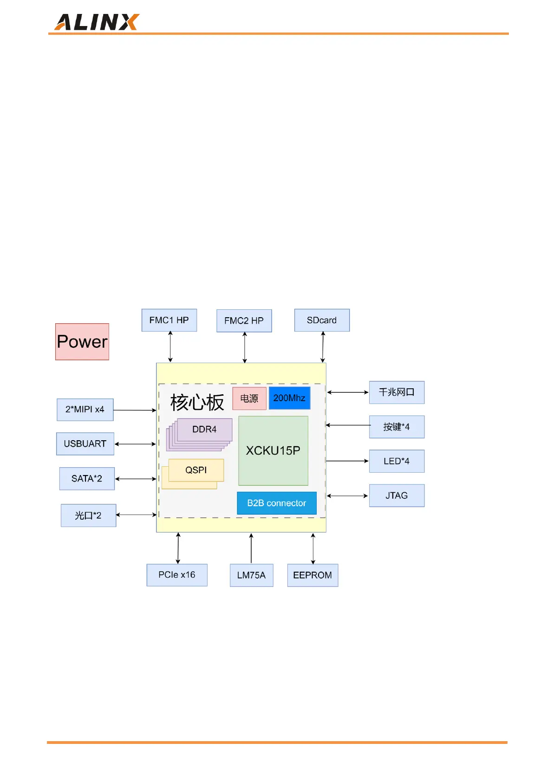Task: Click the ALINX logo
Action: pos(97,22)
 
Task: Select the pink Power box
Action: pos(82,342)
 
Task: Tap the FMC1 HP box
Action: pos(169,320)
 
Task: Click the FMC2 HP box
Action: pos(244,321)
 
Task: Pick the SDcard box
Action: pos(322,320)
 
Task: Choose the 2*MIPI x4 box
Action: pos(85,410)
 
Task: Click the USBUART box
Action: pos(85,444)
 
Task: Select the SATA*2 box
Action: pos(87,479)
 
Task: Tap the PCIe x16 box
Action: pos(177,575)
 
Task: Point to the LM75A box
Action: pos(251,575)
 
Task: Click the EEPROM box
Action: pos(312,575)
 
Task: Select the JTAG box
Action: pos(397,495)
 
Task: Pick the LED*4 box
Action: pos(397,461)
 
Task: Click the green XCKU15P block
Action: pos(273,450)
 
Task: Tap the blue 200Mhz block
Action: pos(289,398)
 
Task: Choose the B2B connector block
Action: pos(276,503)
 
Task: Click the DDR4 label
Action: pos(204,430)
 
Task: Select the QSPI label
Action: pos(196,470)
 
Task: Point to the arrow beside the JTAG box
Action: pos(347,496)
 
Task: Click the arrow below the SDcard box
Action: pos(323,347)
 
